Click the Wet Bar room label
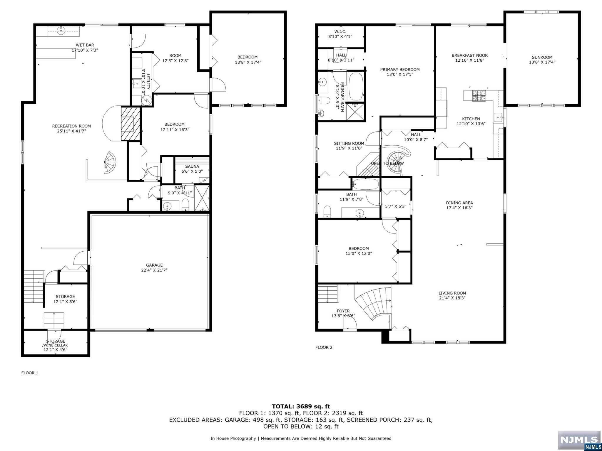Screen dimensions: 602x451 (x=85, y=45)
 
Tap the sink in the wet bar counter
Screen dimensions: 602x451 (x=61, y=31)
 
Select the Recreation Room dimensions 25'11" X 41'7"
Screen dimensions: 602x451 (x=71, y=131)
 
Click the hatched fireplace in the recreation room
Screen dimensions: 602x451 (x=131, y=124)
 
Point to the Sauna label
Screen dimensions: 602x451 (x=192, y=166)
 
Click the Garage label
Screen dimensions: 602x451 (x=154, y=265)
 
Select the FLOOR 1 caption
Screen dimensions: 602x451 (x=30, y=373)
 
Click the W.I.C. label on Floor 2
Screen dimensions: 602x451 (x=340, y=31)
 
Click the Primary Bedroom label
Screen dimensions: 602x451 (x=400, y=70)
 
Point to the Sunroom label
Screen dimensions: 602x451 (x=542, y=57)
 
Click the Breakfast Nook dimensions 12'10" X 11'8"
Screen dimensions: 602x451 (x=469, y=60)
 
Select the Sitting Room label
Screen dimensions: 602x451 (x=349, y=143)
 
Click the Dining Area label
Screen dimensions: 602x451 (x=459, y=203)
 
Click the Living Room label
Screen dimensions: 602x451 (x=452, y=293)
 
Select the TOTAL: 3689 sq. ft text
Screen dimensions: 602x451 (x=301, y=406)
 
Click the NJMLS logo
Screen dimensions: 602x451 (x=579, y=440)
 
